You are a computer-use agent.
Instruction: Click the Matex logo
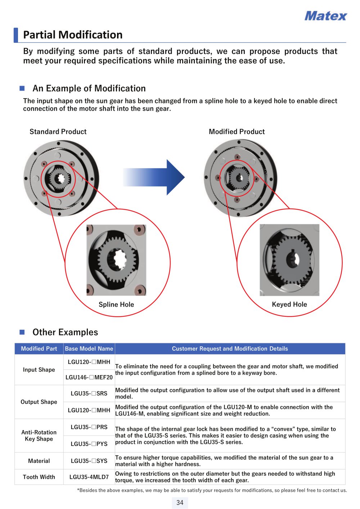[x=325, y=16]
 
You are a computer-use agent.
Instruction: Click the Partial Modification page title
[x=73, y=35]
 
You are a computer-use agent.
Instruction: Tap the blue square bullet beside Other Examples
[x=22, y=332]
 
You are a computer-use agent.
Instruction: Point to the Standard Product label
[x=58, y=131]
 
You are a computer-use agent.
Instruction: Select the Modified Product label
[x=237, y=131]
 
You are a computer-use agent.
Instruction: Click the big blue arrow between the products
[x=154, y=177]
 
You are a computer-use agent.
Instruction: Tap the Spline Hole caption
[x=116, y=304]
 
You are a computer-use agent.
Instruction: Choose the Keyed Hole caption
[x=289, y=304]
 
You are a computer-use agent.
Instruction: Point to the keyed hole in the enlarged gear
[x=293, y=260]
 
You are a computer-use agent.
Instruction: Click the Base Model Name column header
[x=89, y=348]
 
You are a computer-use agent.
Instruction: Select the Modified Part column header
[x=39, y=348]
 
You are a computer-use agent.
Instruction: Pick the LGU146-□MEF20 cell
[x=89, y=377]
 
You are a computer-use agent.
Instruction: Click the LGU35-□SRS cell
[x=89, y=393]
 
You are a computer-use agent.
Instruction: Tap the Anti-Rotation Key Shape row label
[x=39, y=435]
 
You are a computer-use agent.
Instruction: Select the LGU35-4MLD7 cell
[x=89, y=477]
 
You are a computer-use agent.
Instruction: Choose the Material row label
[x=39, y=461]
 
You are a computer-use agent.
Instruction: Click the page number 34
[x=180, y=503]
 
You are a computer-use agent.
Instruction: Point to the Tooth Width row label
[x=39, y=477]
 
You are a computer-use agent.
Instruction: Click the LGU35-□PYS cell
[x=89, y=444]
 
